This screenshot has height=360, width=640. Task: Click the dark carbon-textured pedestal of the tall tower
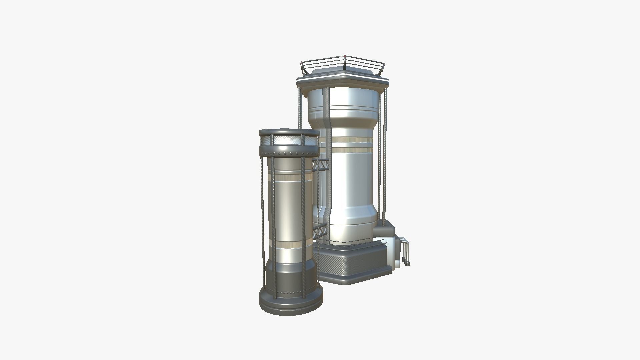(353, 265)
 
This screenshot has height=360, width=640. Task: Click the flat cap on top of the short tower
(289, 133)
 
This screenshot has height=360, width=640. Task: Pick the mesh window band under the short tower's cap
(289, 141)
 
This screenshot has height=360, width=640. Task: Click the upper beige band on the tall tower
(352, 140)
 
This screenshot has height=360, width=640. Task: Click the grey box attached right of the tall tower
(385, 230)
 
